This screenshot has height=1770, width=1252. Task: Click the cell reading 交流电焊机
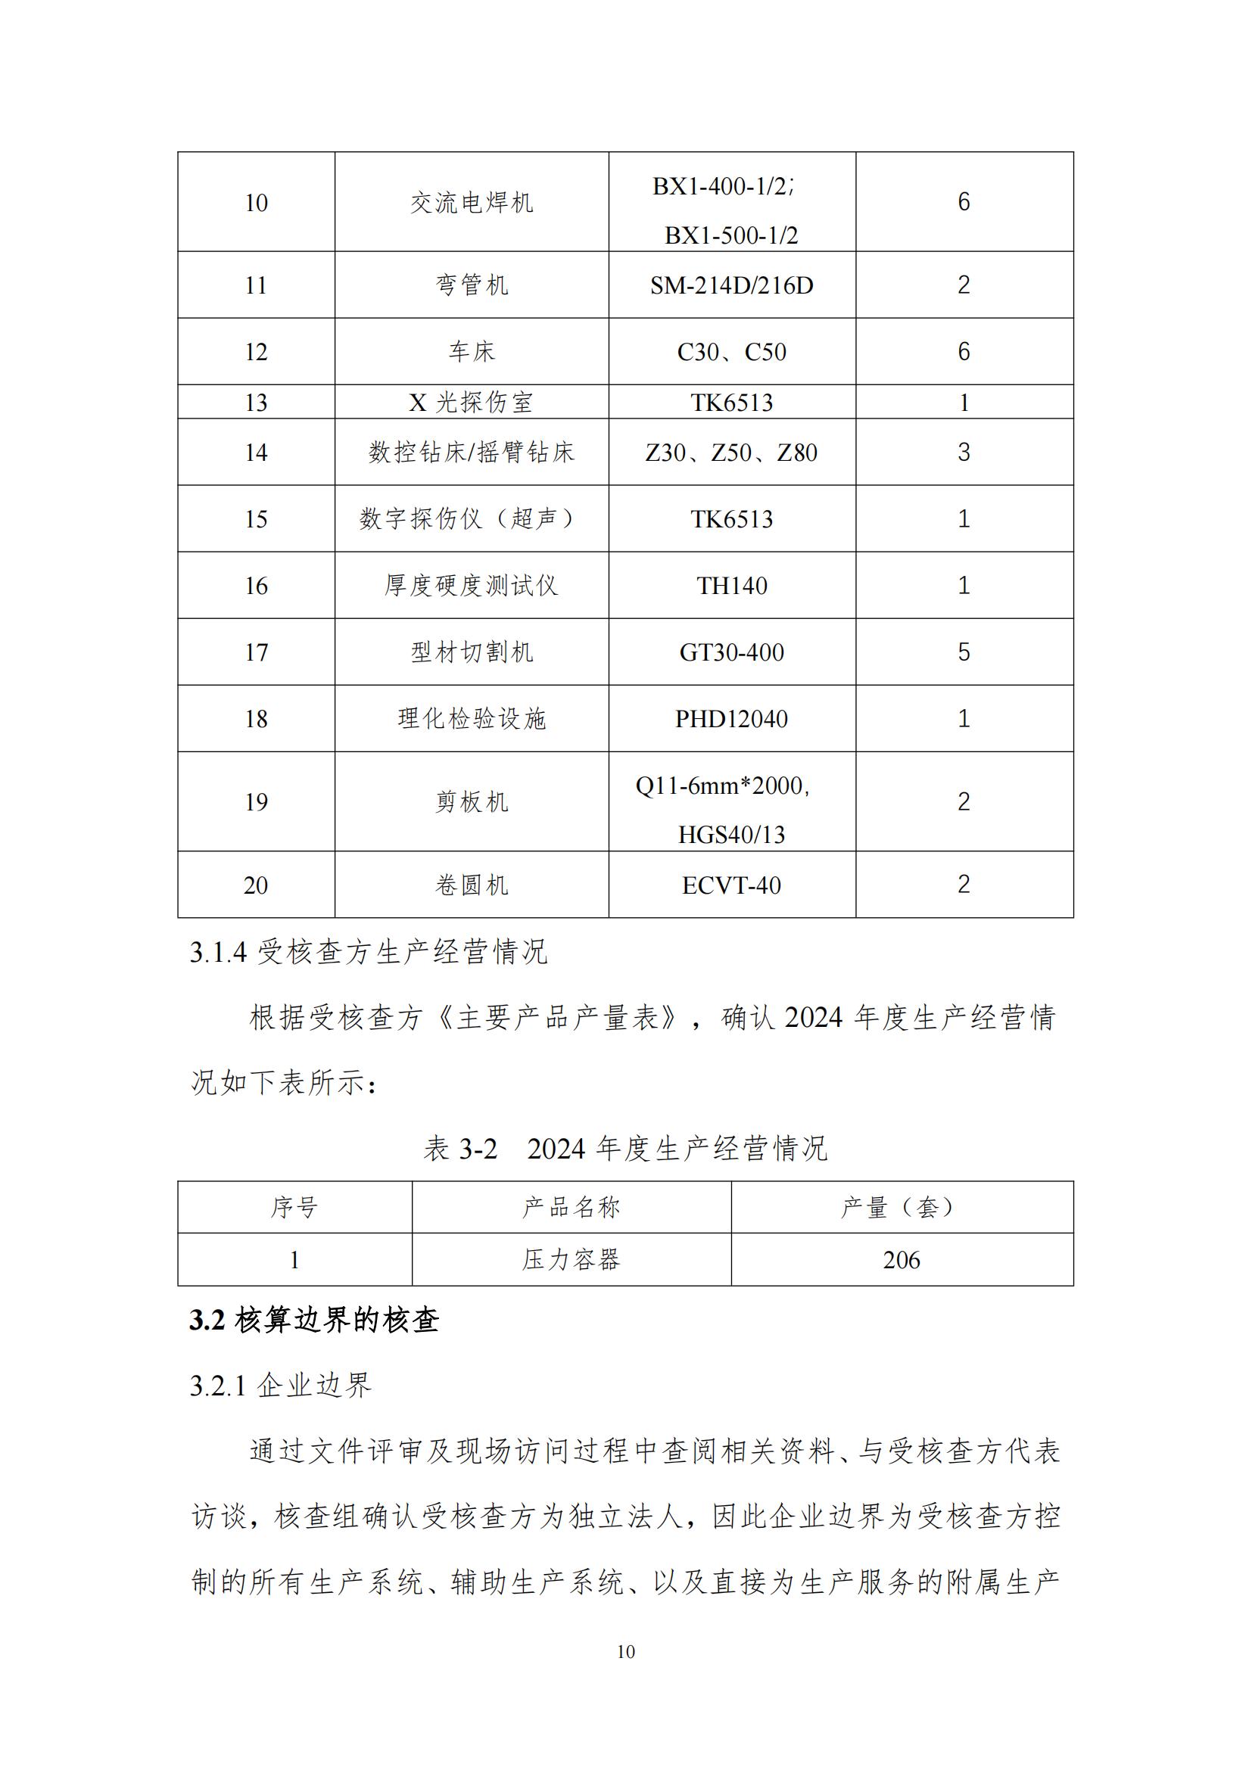(x=471, y=203)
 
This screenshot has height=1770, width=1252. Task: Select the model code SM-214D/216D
(x=731, y=285)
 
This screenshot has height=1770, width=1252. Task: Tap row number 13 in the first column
(x=256, y=403)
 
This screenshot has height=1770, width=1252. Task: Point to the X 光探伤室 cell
(x=471, y=403)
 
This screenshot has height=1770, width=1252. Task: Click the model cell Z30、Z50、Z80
(x=731, y=453)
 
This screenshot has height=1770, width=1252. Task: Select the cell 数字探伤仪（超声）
(x=471, y=519)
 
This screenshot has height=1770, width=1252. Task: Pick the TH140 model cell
(x=731, y=586)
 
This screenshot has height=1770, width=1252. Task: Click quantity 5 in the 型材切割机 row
(x=964, y=652)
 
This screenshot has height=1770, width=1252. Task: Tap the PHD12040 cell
(x=731, y=719)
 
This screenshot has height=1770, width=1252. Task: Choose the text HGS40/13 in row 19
(x=731, y=835)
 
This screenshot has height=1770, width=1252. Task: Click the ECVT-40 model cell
(x=731, y=885)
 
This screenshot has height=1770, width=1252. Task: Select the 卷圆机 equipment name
(x=471, y=885)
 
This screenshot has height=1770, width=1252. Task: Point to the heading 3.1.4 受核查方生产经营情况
(x=369, y=952)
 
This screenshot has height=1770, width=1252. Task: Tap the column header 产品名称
(x=571, y=1207)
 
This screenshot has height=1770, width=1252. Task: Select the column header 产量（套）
(x=902, y=1207)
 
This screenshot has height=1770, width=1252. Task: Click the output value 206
(x=902, y=1261)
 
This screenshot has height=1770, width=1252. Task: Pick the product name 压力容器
(x=571, y=1261)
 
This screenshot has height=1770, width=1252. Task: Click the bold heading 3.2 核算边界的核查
(x=315, y=1321)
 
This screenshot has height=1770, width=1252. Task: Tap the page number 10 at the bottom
(x=626, y=1652)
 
